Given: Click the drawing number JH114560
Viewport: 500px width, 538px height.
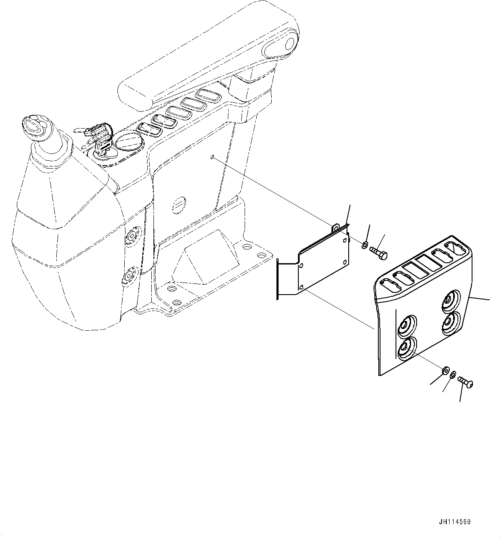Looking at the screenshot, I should (x=455, y=522).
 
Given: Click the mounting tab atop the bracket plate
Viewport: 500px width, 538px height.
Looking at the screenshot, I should (x=337, y=227).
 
